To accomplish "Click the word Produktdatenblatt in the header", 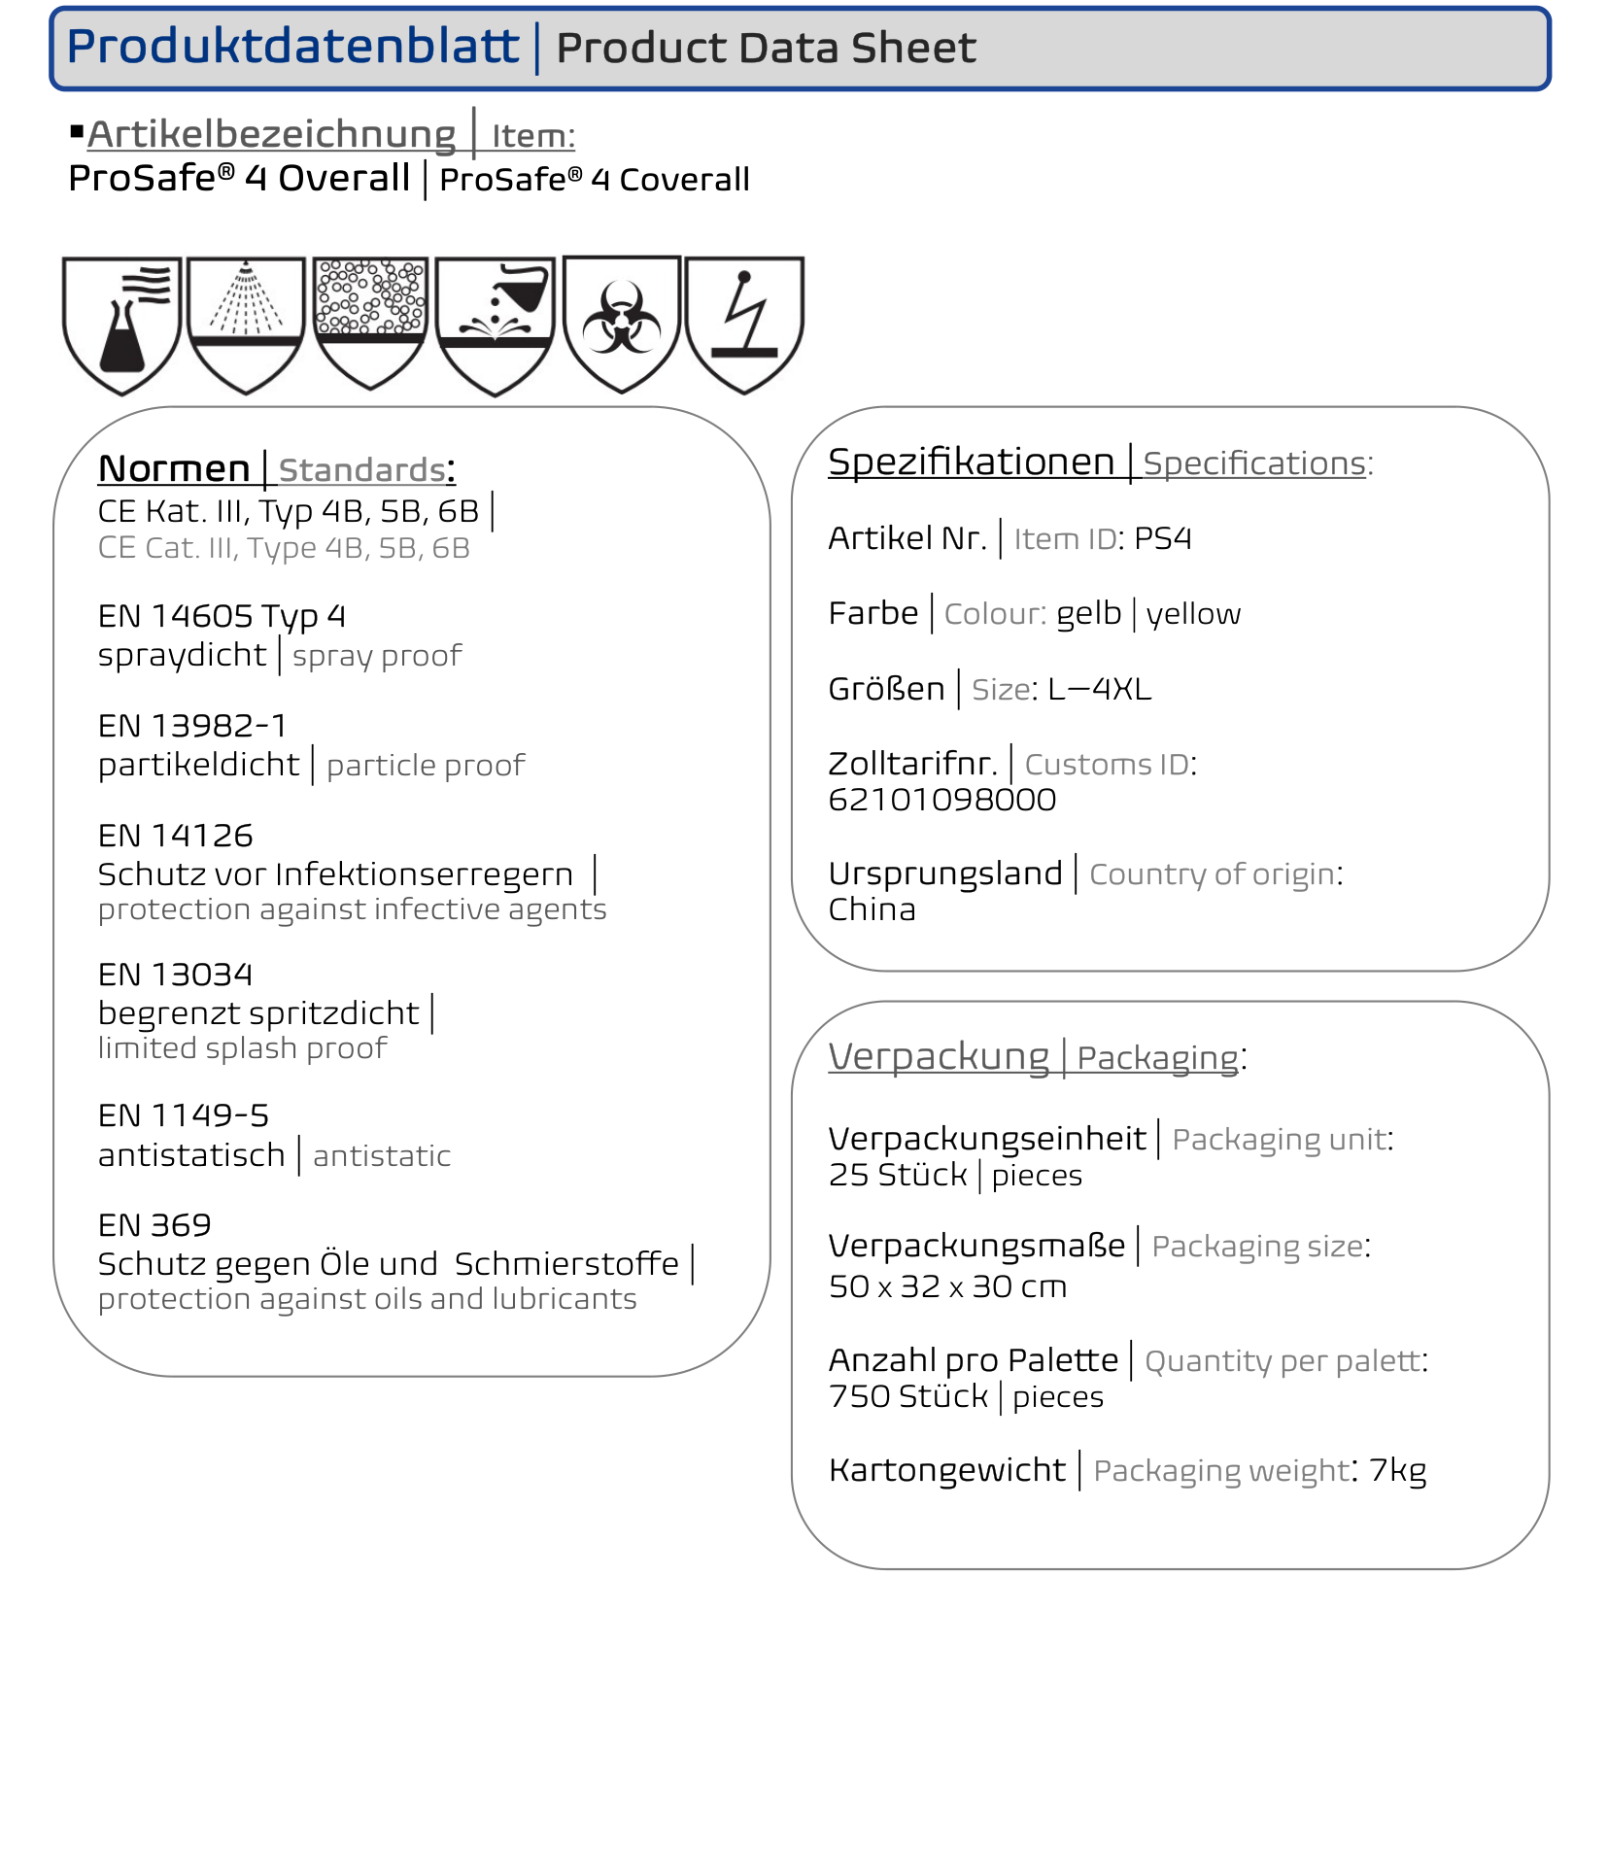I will (x=292, y=47).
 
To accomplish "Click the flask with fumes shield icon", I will (x=122, y=324).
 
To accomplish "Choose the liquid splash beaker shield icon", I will (x=496, y=324).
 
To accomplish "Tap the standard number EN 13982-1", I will (x=192, y=726).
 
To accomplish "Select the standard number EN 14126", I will (x=176, y=836).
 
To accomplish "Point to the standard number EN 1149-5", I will (x=184, y=1115).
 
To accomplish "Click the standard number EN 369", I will (x=154, y=1225).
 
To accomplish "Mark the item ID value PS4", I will (x=1162, y=538).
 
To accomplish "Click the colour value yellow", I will (x=1193, y=614).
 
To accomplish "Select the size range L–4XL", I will (x=1099, y=689).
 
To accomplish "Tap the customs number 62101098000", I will (x=941, y=800).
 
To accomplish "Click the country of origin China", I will (x=872, y=909).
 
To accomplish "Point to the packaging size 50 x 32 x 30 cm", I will (x=947, y=1286).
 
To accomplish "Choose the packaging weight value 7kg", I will (x=1397, y=1470).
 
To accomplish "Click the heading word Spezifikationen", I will (x=971, y=462).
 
